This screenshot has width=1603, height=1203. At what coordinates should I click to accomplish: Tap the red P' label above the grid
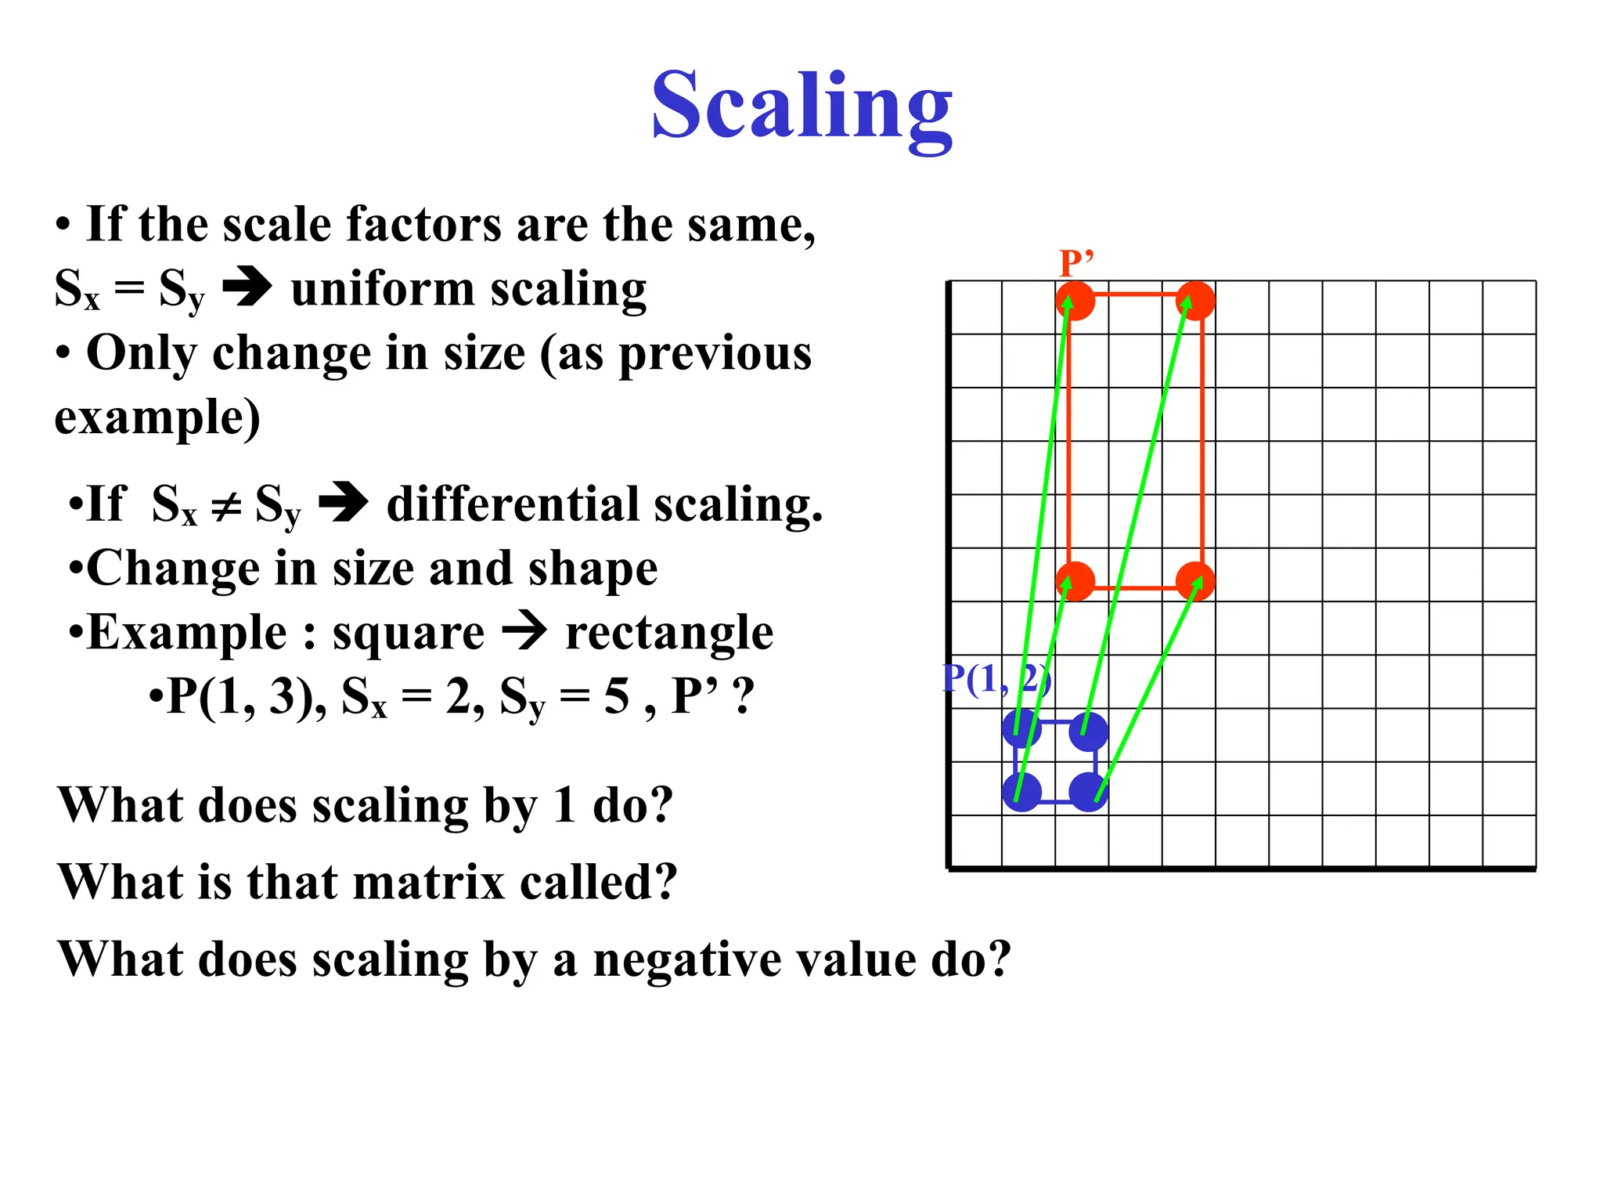tap(1075, 263)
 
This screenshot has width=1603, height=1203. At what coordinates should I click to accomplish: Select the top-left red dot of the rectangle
tap(1075, 302)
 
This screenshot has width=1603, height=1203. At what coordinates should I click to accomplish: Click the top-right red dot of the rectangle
tap(1195, 302)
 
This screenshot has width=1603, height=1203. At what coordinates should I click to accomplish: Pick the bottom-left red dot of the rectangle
tap(1075, 582)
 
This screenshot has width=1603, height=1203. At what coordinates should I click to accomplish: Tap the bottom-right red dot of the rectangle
tap(1195, 582)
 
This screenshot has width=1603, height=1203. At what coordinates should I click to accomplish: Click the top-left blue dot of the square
tap(1022, 731)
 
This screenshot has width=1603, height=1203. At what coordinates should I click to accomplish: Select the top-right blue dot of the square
tap(1089, 731)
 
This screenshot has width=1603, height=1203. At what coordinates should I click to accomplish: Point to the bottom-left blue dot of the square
tap(1022, 792)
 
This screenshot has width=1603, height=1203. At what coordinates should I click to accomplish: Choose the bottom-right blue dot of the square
tap(1089, 792)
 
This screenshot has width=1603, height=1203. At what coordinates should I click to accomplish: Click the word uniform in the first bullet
tap(382, 289)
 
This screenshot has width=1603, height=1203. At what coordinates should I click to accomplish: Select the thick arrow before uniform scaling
tap(247, 287)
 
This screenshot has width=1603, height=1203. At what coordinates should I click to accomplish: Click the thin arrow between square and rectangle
tap(524, 631)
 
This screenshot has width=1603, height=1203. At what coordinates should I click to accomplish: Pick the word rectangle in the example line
tap(669, 633)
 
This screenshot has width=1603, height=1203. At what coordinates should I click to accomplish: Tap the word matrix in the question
tap(428, 883)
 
